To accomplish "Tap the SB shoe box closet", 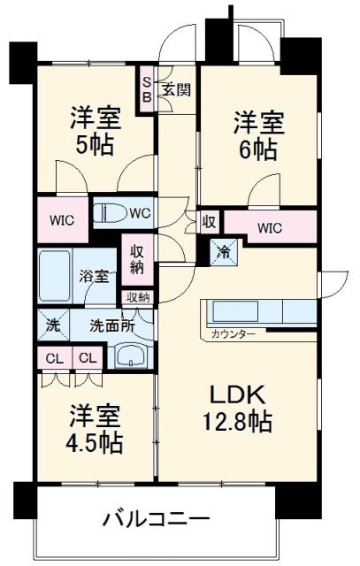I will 148,90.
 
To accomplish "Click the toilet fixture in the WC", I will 112,213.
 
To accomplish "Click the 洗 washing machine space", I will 51,325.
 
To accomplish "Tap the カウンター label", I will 234,333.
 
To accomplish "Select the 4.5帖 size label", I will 94,440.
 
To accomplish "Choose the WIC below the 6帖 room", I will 269,228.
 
